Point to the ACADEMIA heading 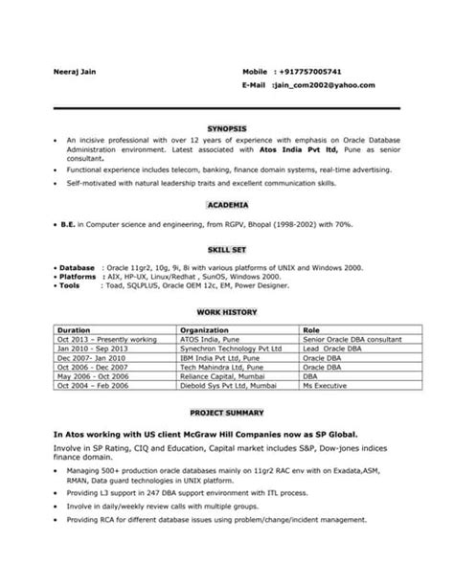coord(227,205)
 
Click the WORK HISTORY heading coord(226,312)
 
